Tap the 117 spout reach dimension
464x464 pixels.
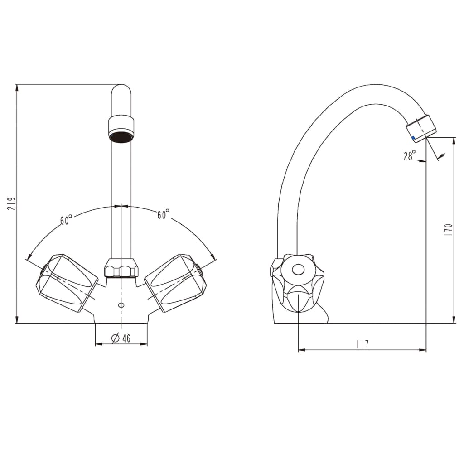coord(362,344)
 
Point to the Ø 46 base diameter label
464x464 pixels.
coord(121,338)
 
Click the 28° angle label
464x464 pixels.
coord(409,156)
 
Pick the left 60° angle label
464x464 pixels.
coord(66,220)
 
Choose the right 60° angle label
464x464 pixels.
coord(163,214)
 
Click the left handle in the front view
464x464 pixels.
coord(67,283)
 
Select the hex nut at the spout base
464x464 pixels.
coord(121,268)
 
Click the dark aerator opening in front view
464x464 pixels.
coord(121,137)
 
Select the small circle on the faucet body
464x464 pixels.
coord(121,305)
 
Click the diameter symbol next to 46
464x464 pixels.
coord(115,338)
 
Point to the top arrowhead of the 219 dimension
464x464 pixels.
coord(17,87)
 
